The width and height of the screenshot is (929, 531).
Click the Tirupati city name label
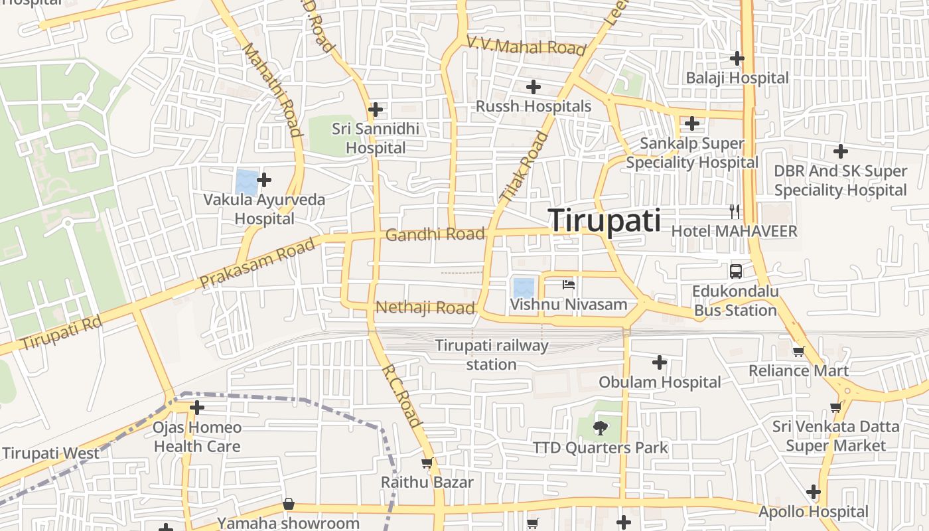pos(605,220)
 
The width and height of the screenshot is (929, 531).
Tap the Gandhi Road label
pos(435,234)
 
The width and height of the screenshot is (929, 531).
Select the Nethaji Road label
pos(425,307)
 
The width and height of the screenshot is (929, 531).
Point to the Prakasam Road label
pos(257,264)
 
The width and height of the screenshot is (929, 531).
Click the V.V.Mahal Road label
pos(526,46)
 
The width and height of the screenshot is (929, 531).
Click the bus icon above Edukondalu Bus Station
pos(736,271)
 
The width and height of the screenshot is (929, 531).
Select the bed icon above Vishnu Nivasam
pos(569,285)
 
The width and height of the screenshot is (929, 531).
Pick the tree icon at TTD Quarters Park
pos(601,428)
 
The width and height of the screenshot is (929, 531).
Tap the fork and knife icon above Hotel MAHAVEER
pos(734,212)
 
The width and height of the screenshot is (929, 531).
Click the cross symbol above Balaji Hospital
pos(737,58)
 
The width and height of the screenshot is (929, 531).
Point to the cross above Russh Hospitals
pos(533,87)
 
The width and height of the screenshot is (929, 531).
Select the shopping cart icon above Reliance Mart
pos(798,351)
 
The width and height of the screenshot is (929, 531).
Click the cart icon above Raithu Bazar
pos(427,463)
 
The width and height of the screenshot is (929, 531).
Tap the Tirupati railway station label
pos(492,354)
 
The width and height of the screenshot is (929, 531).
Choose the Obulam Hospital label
pos(660,382)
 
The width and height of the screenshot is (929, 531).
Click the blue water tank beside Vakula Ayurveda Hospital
pos(246,181)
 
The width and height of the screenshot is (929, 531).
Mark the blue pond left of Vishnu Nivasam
pos(523,288)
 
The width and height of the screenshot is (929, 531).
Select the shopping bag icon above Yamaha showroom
pos(288,504)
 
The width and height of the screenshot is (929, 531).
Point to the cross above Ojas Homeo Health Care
pos(197,408)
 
